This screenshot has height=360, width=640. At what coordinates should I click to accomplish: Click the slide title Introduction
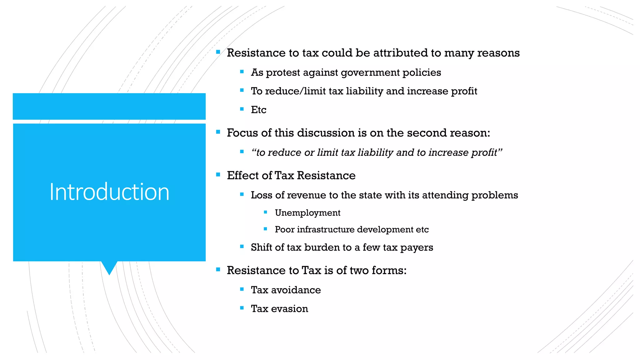pos(109,192)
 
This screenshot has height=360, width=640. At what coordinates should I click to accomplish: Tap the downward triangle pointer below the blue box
pos(109,267)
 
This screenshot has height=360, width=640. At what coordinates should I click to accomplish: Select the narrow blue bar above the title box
pos(109,106)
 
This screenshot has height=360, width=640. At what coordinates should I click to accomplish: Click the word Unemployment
pos(307,213)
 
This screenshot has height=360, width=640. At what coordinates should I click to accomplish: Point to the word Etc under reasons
pos(258,110)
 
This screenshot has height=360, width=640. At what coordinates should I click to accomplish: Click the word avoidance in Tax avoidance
pos(296,290)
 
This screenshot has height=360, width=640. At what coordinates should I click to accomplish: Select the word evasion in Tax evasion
pos(289,309)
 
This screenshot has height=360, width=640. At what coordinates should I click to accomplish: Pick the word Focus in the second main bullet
pos(242,133)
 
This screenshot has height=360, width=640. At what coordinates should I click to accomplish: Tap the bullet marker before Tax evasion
pos(242,308)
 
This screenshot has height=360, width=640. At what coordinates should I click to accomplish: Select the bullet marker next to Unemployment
pos(265,212)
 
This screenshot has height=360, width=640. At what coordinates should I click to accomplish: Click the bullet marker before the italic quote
pos(242,152)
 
